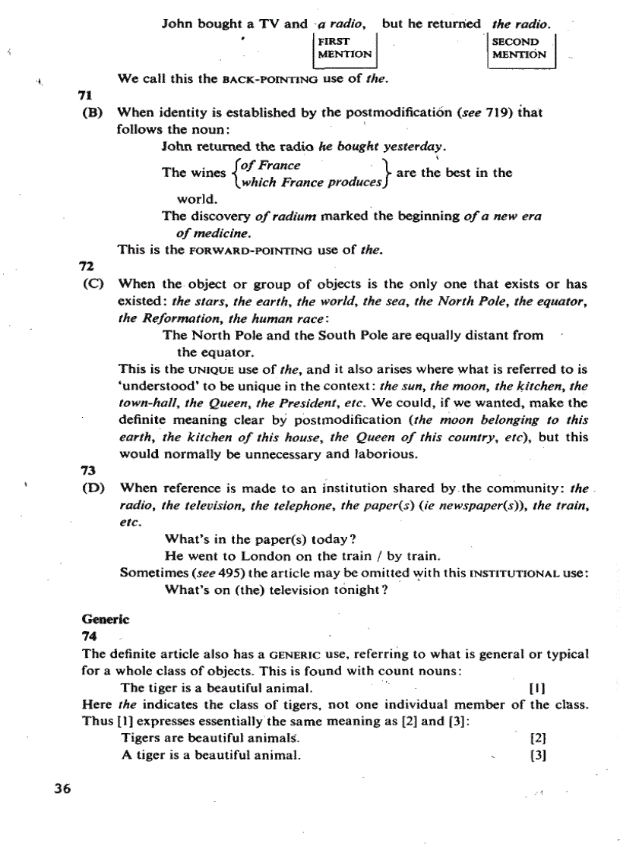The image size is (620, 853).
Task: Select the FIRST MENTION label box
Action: pos(344,48)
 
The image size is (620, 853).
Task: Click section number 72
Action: pos(86,267)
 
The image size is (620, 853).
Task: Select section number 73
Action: pos(86,472)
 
